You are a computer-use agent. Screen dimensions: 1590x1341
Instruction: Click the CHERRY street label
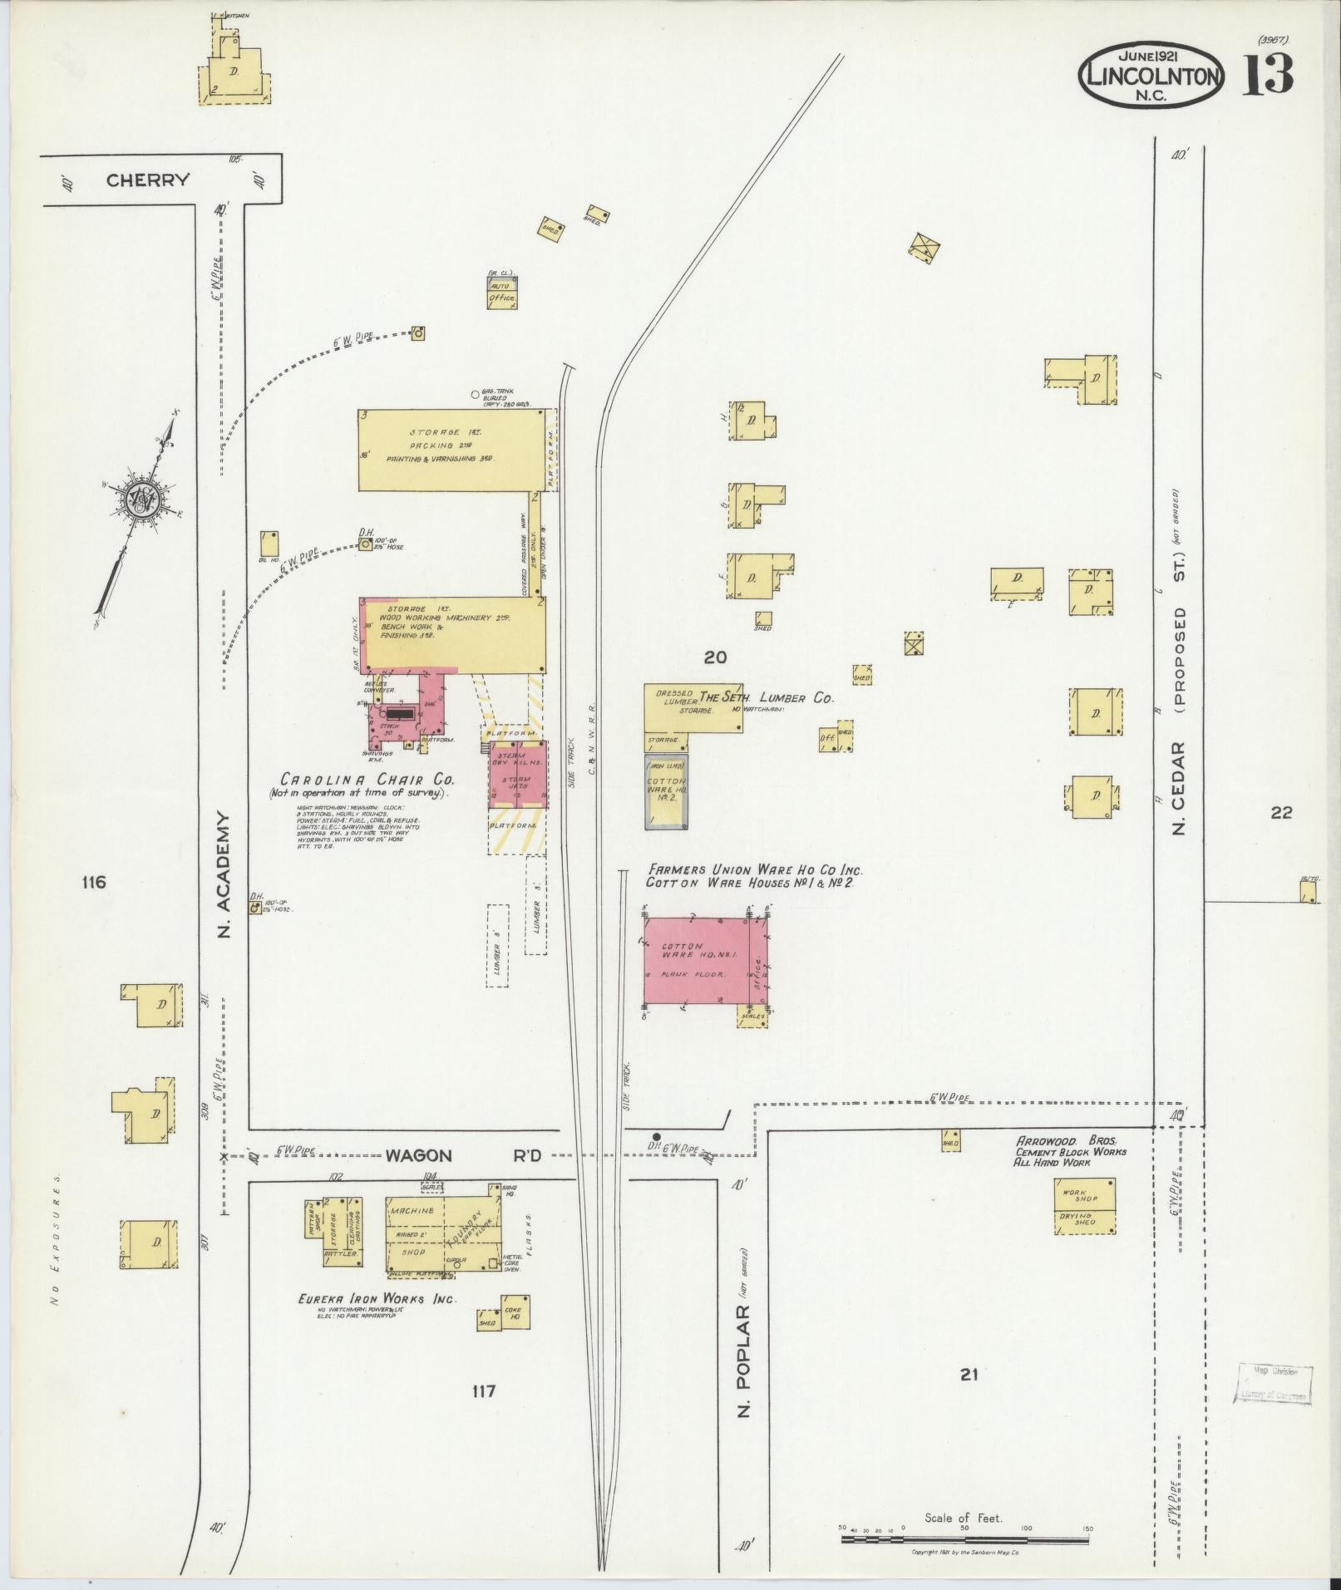(x=148, y=180)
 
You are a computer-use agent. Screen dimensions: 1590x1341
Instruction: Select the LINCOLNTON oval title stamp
(x=1151, y=76)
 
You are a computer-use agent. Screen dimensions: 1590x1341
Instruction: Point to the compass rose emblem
(x=139, y=498)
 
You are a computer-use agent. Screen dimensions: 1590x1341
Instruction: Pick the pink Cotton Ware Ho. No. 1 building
(x=697, y=961)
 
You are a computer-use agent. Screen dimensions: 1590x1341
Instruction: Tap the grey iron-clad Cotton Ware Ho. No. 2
(x=666, y=791)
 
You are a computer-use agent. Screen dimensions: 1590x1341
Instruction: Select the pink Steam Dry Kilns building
(x=518, y=774)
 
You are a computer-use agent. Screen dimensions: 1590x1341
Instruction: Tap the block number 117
(x=483, y=1391)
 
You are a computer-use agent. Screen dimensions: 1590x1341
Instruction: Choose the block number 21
(x=969, y=1374)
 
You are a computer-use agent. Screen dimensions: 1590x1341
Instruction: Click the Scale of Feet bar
(x=964, y=1540)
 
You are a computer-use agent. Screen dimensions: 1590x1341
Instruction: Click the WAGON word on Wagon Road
(x=417, y=1155)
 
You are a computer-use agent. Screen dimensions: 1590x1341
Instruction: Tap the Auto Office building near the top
(x=501, y=292)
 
